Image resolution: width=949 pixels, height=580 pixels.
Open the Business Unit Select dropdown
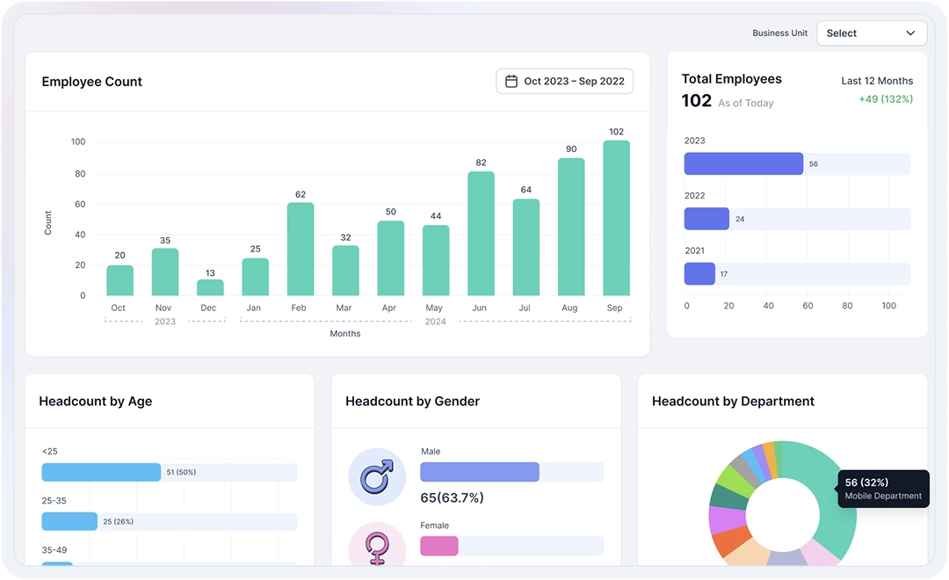[871, 33]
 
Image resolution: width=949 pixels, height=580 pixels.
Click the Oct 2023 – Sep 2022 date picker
[564, 82]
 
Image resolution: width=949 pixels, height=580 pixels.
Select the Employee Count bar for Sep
[616, 218]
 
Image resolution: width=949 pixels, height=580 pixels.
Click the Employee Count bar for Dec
[210, 287]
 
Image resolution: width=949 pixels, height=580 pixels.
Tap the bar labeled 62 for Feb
[301, 249]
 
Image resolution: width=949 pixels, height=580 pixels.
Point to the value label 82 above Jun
[481, 163]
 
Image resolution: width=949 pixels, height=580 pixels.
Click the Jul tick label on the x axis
[525, 308]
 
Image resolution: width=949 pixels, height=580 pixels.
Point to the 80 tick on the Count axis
[79, 174]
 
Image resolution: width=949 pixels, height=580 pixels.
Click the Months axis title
[345, 334]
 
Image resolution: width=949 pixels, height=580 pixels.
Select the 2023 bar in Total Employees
[743, 164]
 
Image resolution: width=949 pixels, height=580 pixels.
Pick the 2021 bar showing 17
[699, 274]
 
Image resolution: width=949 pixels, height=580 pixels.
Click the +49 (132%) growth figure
[886, 99]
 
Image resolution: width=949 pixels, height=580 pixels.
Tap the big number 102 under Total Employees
[697, 101]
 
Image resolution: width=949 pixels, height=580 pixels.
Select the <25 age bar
[101, 473]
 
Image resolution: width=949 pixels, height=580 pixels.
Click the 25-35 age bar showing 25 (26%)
[69, 521]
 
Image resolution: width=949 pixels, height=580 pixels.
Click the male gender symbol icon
[377, 477]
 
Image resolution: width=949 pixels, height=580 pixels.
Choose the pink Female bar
[439, 546]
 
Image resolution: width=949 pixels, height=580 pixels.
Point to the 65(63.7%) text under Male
[452, 498]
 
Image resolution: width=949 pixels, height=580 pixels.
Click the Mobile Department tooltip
[883, 489]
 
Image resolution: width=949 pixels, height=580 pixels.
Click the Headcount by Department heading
[733, 402]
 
